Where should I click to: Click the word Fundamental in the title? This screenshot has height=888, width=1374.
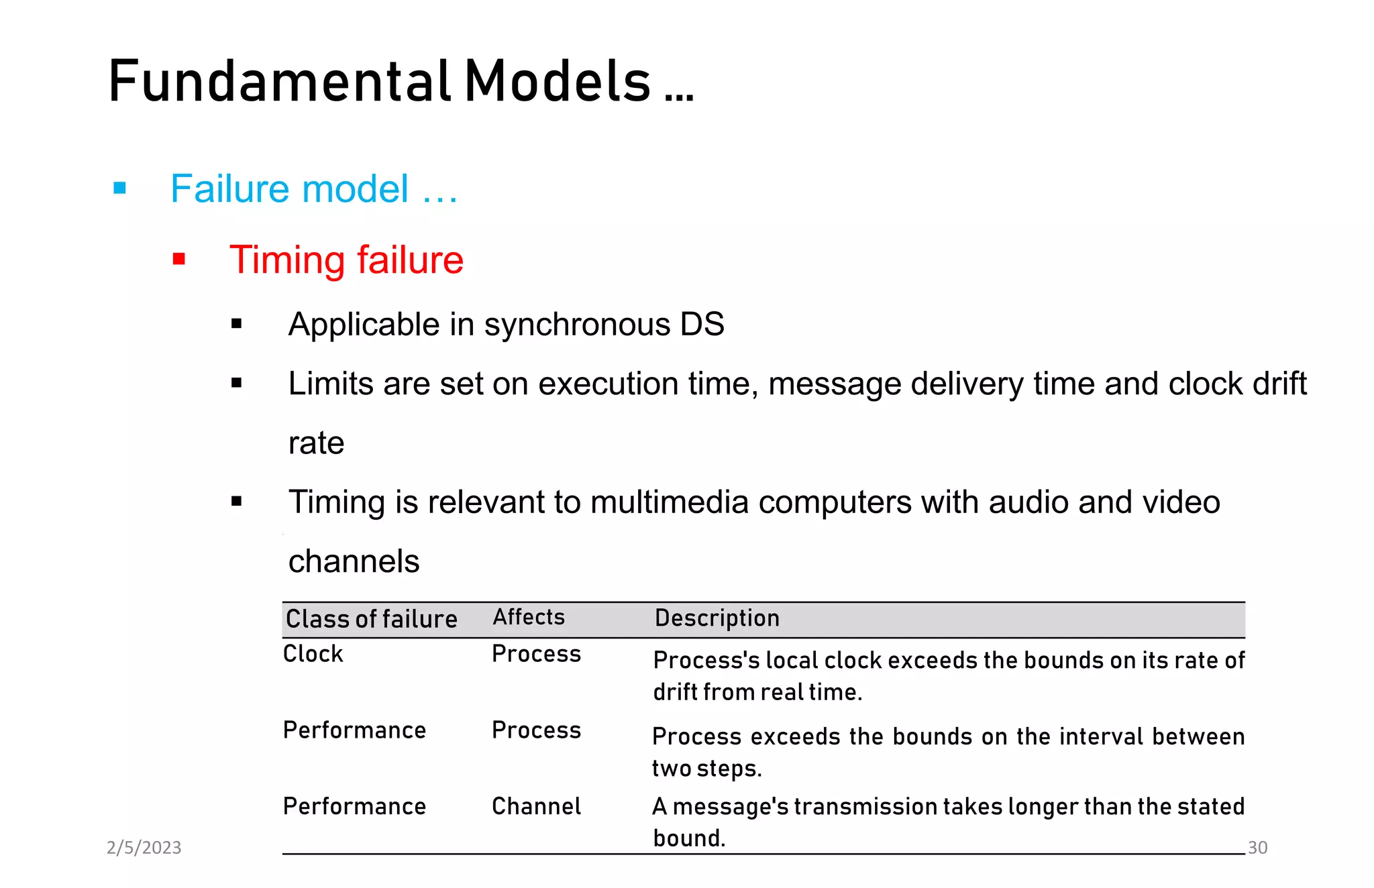click(279, 81)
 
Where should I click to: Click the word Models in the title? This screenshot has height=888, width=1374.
click(558, 81)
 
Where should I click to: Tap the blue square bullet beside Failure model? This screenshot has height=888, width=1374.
click(120, 188)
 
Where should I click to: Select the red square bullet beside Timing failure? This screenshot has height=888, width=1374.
click(178, 259)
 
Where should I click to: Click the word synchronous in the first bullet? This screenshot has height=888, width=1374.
click(576, 325)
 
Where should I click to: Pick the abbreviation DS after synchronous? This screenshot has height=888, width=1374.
click(702, 325)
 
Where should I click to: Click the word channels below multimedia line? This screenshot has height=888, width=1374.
click(354, 561)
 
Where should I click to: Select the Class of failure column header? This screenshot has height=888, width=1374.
click(371, 618)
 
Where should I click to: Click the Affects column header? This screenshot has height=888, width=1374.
click(529, 617)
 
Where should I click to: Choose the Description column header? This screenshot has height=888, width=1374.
click(717, 618)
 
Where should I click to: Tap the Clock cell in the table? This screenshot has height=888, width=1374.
click(313, 654)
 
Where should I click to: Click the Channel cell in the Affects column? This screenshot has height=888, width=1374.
click(536, 806)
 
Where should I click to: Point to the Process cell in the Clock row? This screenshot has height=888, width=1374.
click(536, 654)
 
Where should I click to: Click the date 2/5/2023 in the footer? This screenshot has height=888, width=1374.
click(144, 848)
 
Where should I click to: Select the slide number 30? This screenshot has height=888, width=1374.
click(1257, 848)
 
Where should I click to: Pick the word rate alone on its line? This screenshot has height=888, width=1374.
click(316, 443)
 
